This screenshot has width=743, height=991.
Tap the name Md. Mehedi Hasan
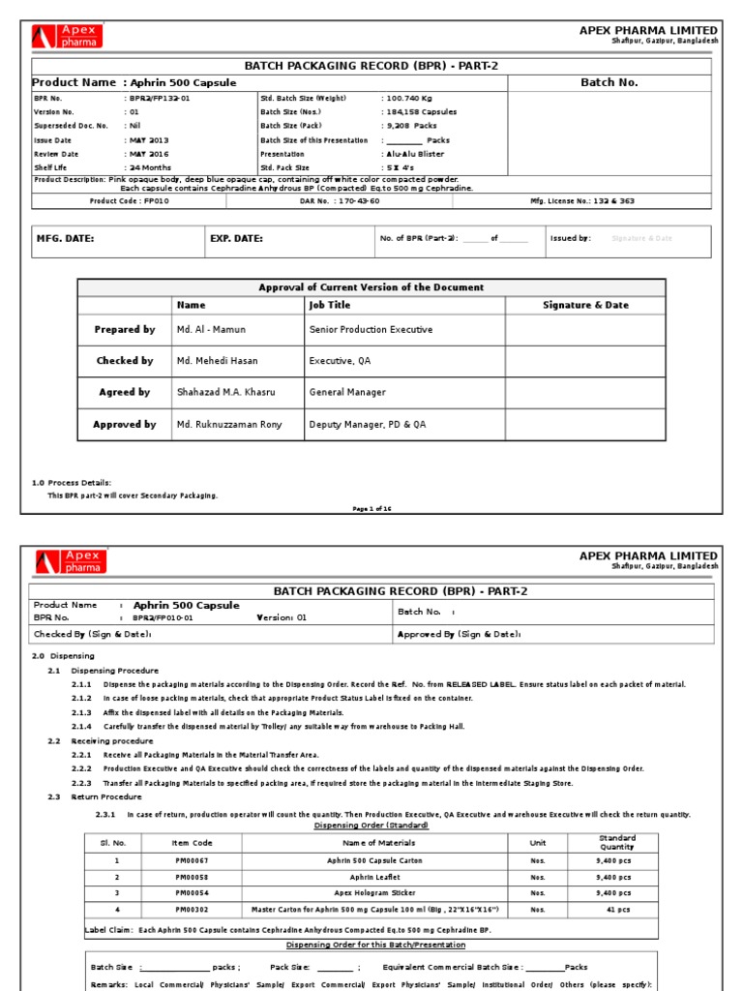point(217,361)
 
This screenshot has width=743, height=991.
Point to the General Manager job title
point(347,393)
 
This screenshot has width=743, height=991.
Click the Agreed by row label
point(124,393)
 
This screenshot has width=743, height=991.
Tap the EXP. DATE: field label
point(236,238)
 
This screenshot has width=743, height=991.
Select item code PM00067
point(190,860)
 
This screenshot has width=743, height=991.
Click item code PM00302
point(190,910)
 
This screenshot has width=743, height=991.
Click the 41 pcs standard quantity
point(616,910)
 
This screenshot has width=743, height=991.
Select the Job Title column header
point(330,305)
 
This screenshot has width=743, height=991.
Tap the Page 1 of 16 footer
point(371,508)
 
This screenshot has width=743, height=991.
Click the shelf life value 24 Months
point(147,167)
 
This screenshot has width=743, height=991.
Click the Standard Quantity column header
point(616,843)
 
